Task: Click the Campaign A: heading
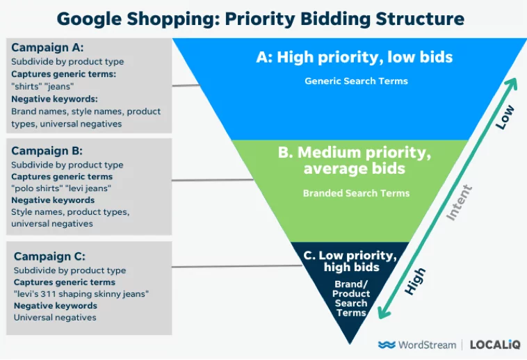click(47, 48)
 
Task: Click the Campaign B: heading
click(47, 151)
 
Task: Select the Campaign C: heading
click(50, 256)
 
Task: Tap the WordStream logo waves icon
click(387, 345)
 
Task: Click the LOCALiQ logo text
click(495, 345)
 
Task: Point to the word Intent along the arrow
click(459, 202)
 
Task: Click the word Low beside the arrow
click(505, 117)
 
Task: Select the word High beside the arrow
click(415, 281)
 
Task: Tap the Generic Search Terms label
click(356, 81)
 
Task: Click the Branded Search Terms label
click(356, 193)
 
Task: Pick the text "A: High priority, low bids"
click(355, 57)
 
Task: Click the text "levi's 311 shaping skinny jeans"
click(81, 294)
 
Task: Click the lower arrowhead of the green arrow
click(384, 312)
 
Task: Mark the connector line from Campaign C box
click(237, 266)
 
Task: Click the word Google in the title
click(89, 19)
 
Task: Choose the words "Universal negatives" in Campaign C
click(55, 318)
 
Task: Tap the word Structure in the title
click(420, 19)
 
